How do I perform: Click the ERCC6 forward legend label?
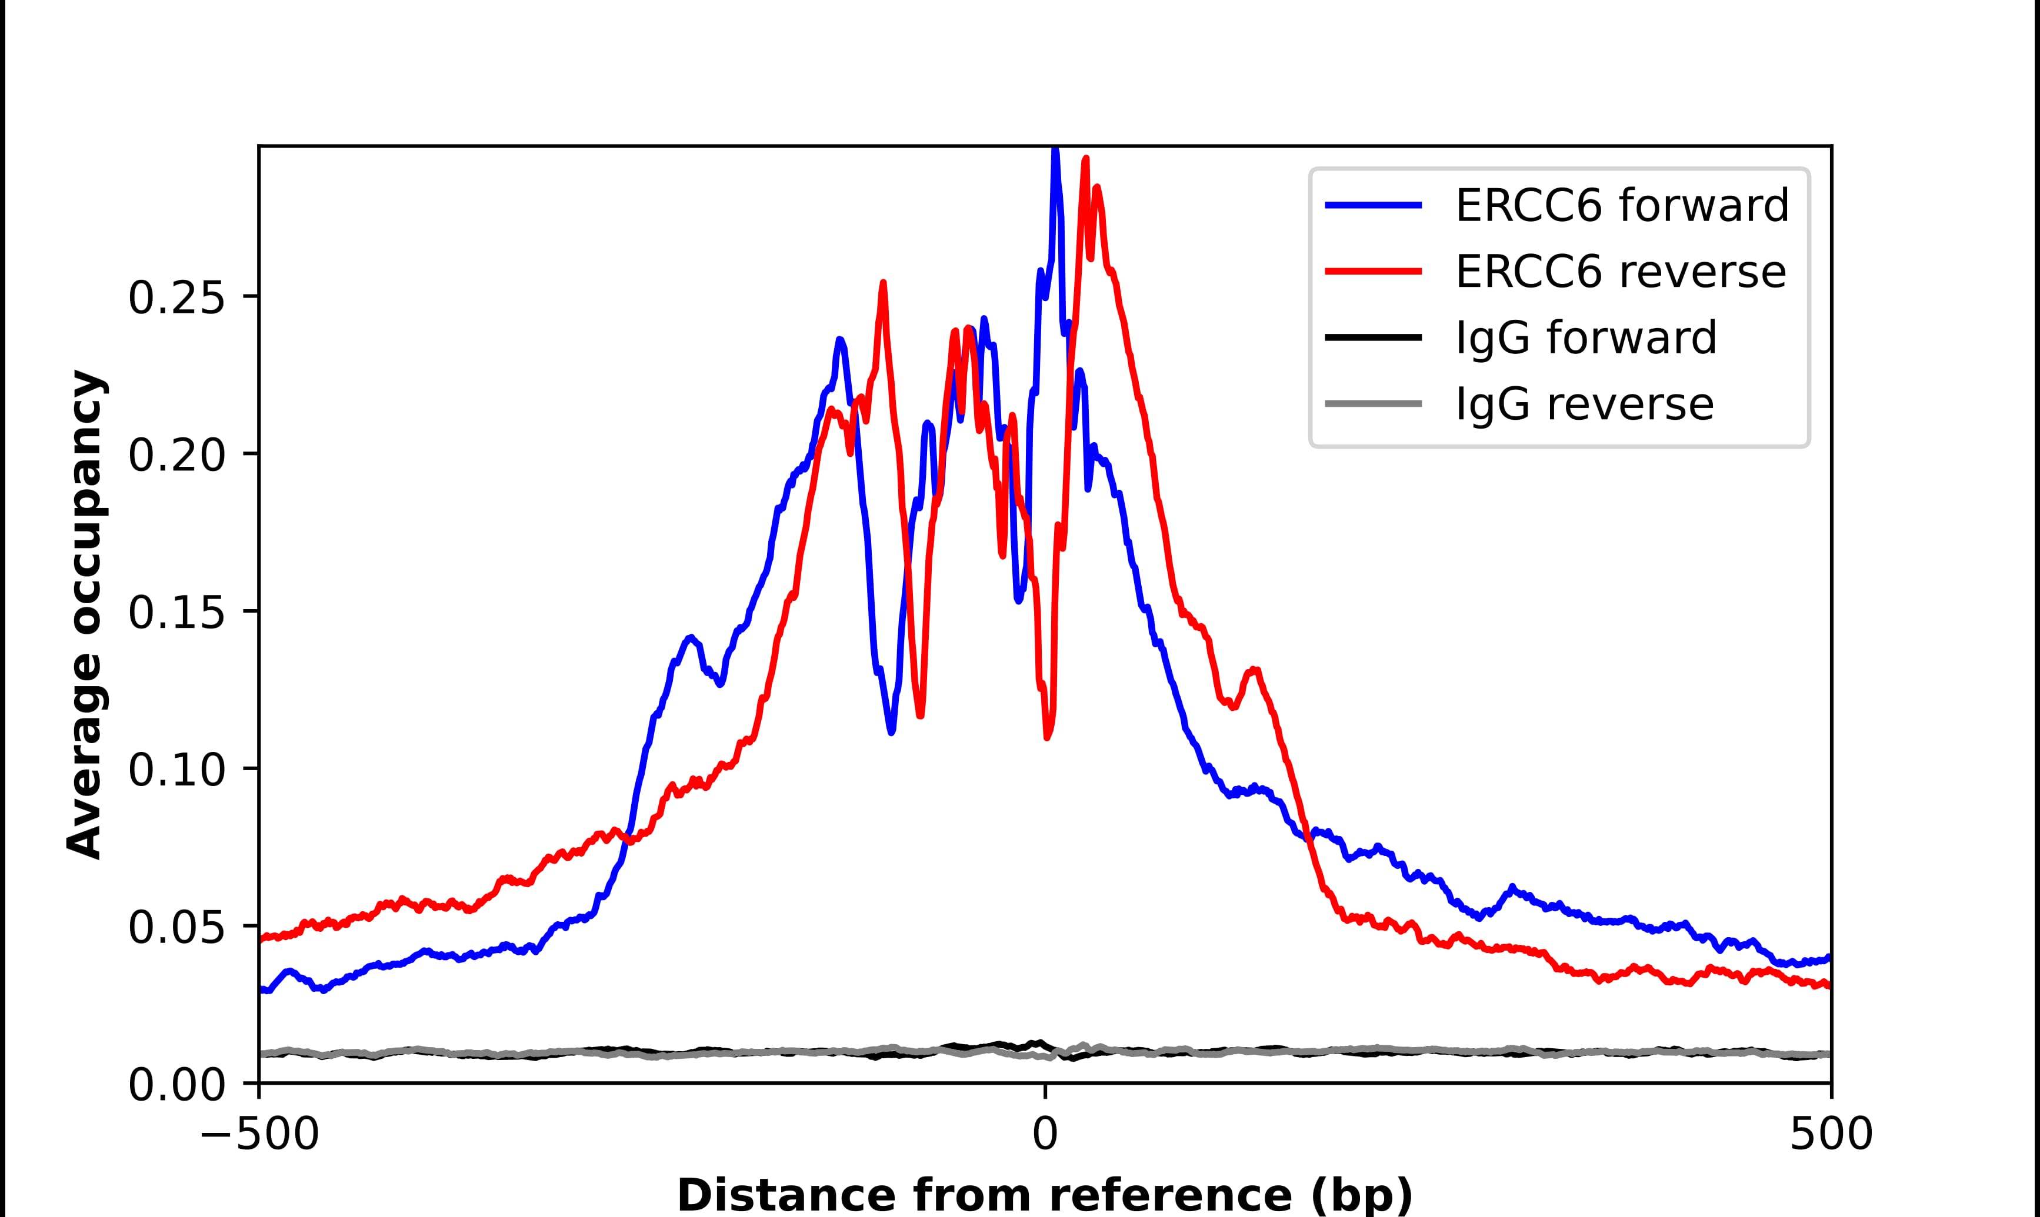[x=1622, y=205]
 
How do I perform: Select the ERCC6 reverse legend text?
[x=1620, y=272]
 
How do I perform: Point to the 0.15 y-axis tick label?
[x=176, y=613]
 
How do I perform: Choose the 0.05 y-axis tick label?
[x=176, y=928]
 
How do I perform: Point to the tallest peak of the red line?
[x=1085, y=159]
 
